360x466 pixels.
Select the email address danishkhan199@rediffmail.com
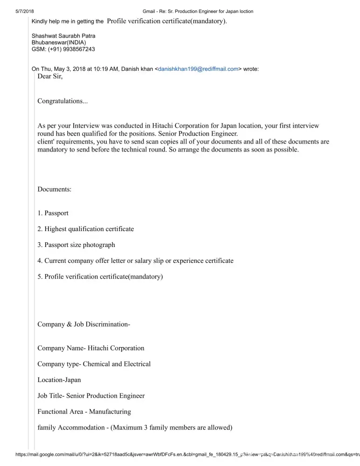pos(198,69)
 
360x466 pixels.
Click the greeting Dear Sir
pos(50,76)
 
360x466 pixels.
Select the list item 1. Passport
pos(53,213)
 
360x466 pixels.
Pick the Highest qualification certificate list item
pos(86,229)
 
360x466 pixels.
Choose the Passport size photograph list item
pos(76,245)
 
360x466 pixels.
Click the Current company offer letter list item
pos(136,260)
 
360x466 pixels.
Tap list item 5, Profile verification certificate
pos(100,276)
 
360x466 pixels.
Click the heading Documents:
pos(54,189)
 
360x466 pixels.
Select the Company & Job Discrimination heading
pos(83,324)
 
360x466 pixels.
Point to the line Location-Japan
pos(59,380)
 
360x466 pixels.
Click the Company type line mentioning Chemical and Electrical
pos(94,364)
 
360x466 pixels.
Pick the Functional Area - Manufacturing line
pos(84,411)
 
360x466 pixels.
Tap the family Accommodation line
pos(135,427)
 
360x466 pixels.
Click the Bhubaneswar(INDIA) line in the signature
pos(59,42)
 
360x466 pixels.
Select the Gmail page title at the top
pos(198,11)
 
